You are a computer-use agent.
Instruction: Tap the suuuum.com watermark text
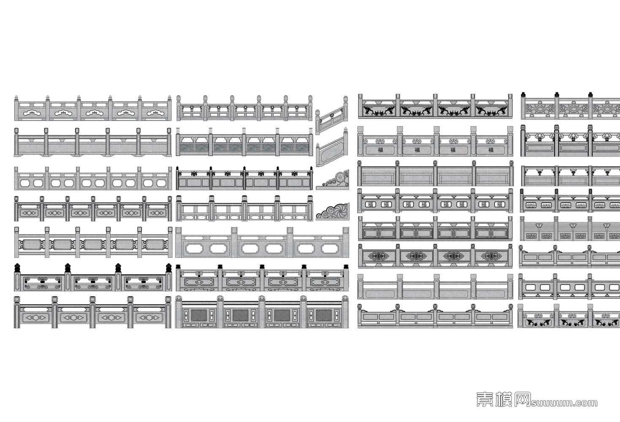(x=564, y=403)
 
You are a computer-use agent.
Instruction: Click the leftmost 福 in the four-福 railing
(x=381, y=150)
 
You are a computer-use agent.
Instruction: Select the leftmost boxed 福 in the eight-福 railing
(x=370, y=205)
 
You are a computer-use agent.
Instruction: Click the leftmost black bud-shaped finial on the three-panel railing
(x=18, y=268)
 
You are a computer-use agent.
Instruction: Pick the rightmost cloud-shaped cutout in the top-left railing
(x=156, y=113)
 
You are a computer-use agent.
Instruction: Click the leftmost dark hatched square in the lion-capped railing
(x=199, y=315)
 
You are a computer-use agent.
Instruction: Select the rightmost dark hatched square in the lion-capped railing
(x=323, y=315)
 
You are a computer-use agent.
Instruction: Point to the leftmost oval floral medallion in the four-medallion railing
(x=376, y=256)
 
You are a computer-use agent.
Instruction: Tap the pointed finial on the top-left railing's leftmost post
(x=17, y=98)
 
